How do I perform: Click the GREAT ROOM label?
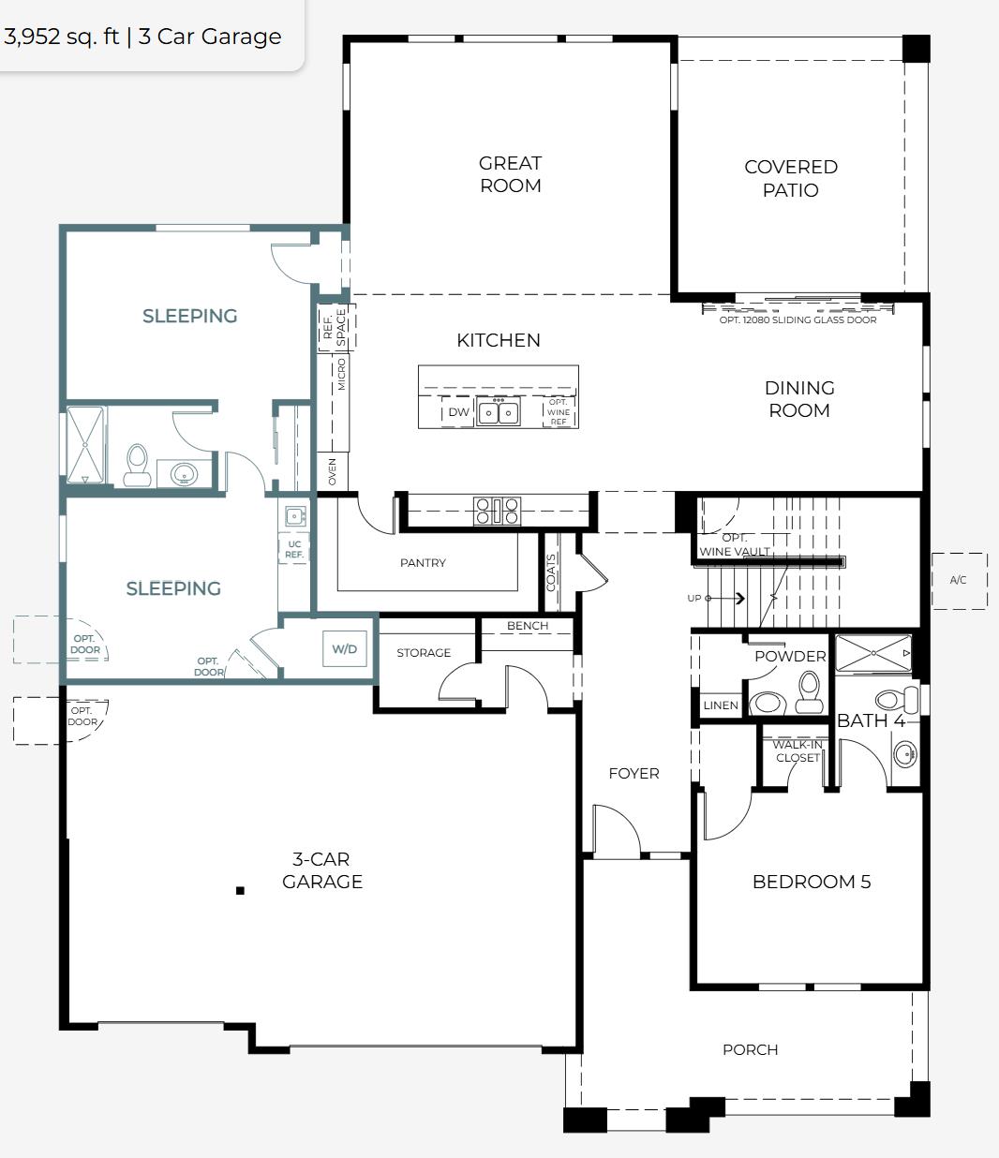point(510,174)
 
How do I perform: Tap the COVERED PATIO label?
point(790,178)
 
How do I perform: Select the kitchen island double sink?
point(498,411)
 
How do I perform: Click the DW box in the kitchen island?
point(458,411)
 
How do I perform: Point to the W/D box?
point(344,649)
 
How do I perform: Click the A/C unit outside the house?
point(958,580)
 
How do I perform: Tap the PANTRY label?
point(423,563)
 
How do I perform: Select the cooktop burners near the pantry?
point(497,511)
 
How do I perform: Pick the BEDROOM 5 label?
point(811,882)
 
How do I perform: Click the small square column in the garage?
point(240,890)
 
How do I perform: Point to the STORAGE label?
point(423,653)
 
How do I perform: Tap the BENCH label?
point(527,626)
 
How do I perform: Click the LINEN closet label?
point(720,705)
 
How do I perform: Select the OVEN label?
point(333,471)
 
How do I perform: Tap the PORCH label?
point(750,1049)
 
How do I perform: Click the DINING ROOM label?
point(798,399)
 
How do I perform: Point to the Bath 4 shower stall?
point(872,653)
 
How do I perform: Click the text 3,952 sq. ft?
point(61,37)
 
